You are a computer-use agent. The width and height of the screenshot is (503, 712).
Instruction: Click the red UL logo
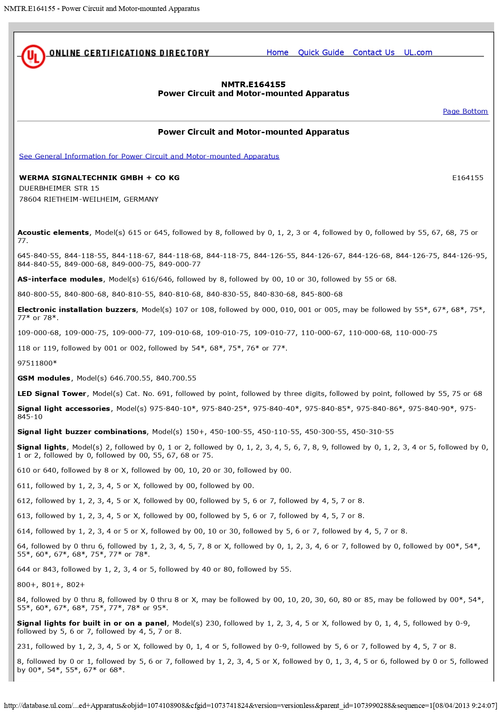33,56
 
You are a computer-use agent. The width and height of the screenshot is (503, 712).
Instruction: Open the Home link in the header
277,52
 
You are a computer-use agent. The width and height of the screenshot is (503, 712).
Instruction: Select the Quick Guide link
321,52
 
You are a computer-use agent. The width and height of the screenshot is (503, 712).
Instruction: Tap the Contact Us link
374,52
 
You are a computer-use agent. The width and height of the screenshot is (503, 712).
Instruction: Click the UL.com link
418,52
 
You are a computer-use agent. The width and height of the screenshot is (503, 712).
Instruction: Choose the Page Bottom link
465,111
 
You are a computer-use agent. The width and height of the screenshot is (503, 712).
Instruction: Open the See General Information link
149,156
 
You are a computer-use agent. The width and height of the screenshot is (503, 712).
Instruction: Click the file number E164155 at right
468,178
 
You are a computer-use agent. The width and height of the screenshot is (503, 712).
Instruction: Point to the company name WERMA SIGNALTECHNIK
99,178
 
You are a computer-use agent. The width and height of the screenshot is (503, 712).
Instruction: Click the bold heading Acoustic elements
53,232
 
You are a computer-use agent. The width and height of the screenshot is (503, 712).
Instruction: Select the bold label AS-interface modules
60,279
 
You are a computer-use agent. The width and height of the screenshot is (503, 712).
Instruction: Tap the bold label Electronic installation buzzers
77,310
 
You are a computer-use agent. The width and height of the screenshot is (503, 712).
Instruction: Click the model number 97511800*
37,363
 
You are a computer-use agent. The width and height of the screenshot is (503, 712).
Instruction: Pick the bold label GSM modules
44,378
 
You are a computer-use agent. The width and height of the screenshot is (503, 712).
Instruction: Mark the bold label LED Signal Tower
52,394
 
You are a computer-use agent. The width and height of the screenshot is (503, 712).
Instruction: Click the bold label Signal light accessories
64,409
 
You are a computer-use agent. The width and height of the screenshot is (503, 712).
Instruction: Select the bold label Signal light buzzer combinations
82,432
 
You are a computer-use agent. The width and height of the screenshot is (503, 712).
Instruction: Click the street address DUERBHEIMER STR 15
59,188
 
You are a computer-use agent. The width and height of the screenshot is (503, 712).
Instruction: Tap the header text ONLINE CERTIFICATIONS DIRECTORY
129,53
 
